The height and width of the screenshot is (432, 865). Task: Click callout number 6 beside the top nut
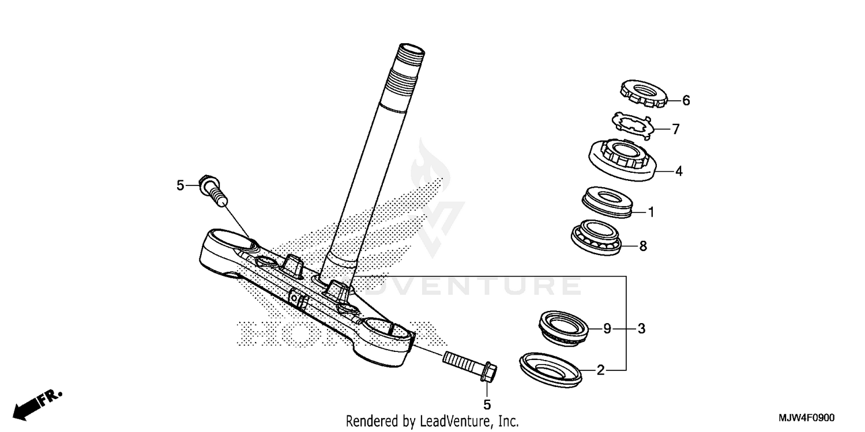pyautogui.click(x=670, y=101)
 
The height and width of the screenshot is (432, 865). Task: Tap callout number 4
pyautogui.click(x=679, y=171)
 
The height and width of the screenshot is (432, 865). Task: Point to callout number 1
pyautogui.click(x=651, y=213)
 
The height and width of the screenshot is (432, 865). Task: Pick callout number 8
pyautogui.click(x=643, y=247)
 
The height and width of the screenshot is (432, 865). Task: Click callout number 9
pyautogui.click(x=607, y=329)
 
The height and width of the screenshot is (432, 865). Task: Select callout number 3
pyautogui.click(x=641, y=329)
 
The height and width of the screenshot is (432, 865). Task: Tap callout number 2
pyautogui.click(x=600, y=370)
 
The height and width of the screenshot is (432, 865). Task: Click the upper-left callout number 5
pyautogui.click(x=180, y=185)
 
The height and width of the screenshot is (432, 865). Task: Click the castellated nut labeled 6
pyautogui.click(x=642, y=93)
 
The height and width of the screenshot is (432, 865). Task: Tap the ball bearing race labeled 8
pyautogui.click(x=596, y=237)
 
